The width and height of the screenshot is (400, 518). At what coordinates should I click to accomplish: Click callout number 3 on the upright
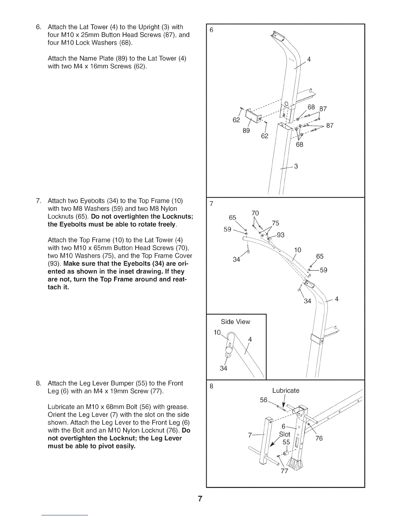pos(296,166)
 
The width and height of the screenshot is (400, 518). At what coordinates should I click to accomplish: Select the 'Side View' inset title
pos(235,322)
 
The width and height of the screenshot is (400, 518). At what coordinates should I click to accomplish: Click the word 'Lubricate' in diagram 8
pos(286,390)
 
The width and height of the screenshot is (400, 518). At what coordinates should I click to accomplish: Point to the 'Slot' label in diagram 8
pos(285,434)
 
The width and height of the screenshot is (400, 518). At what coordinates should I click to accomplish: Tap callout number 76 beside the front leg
pos(319,438)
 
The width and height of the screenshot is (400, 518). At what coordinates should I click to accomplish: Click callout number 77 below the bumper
pos(284,471)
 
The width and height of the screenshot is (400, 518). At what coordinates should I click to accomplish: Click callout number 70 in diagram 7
pos(255,213)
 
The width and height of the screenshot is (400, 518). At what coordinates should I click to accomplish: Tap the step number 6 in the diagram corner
pos(211,30)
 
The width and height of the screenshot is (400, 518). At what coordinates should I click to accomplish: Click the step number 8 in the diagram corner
pos(211,386)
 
